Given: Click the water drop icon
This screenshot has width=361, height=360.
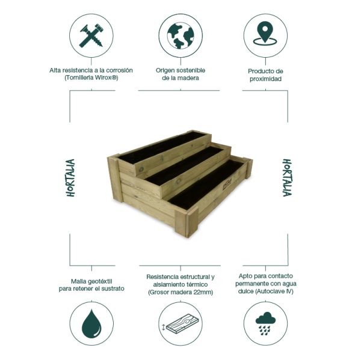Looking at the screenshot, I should pyautogui.click(x=91, y=325).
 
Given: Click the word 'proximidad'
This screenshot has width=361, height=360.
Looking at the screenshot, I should pyautogui.click(x=265, y=79).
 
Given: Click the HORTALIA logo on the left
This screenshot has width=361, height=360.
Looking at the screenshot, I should pyautogui.click(x=70, y=178).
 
